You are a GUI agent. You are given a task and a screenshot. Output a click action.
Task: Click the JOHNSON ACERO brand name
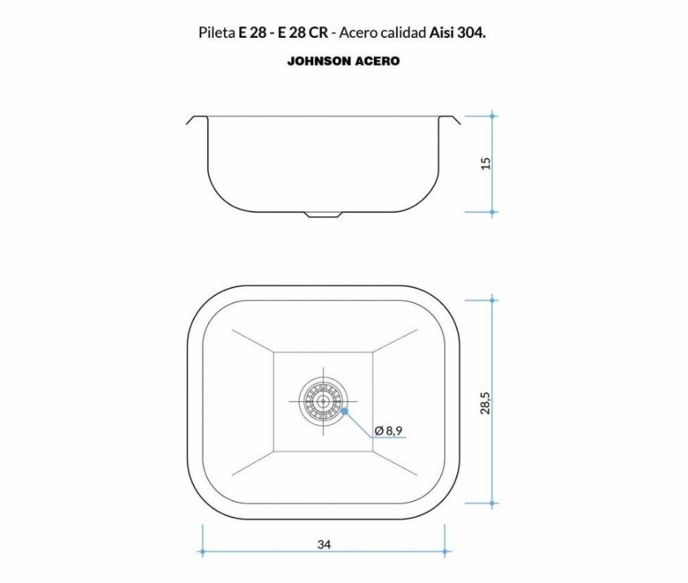pyautogui.click(x=343, y=61)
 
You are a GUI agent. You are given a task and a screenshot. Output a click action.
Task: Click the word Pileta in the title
pyautogui.click(x=217, y=33)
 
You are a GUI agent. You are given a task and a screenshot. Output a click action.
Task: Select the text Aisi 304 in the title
pyautogui.click(x=457, y=33)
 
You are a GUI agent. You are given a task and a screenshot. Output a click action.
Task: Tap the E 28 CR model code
pyautogui.click(x=304, y=33)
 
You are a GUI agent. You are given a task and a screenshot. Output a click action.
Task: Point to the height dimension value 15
pyautogui.click(x=486, y=163)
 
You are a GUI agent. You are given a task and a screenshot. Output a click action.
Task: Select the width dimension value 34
pyautogui.click(x=324, y=544)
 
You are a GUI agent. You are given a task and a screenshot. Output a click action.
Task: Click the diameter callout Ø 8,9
pyautogui.click(x=389, y=430)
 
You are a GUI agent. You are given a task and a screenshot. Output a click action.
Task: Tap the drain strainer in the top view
pyautogui.click(x=323, y=402)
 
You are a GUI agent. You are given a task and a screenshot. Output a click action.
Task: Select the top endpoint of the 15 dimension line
pyautogui.click(x=494, y=116)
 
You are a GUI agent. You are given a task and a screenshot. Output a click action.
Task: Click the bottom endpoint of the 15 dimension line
pyautogui.click(x=494, y=212)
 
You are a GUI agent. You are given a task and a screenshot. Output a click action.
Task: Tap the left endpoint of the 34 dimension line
pyautogui.click(x=202, y=552)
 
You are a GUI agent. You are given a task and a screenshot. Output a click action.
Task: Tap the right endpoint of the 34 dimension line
pyautogui.click(x=445, y=552)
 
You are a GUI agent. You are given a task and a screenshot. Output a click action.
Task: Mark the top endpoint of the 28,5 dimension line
pyautogui.click(x=494, y=300)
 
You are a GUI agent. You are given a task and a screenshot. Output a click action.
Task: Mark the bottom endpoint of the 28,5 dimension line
pyautogui.click(x=494, y=504)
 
